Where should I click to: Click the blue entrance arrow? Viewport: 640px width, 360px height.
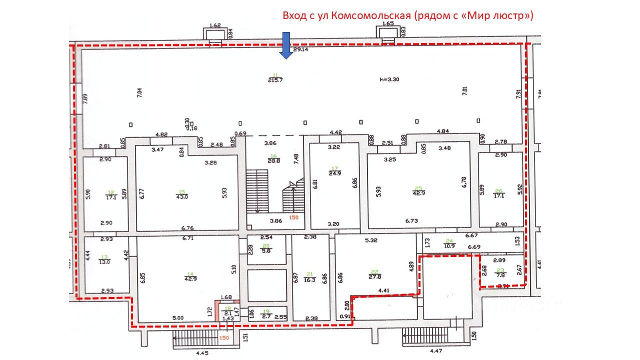click(x=286, y=45)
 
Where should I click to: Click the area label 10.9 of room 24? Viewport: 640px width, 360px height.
click(x=449, y=246)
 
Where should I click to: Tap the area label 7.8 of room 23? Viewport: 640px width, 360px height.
click(x=500, y=274)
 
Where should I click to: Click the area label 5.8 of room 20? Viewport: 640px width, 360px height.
click(x=266, y=250)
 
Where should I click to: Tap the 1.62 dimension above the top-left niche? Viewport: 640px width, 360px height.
click(x=215, y=25)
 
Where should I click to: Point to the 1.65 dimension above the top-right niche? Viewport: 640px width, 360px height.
click(x=388, y=24)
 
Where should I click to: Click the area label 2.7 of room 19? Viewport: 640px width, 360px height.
click(x=267, y=316)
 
